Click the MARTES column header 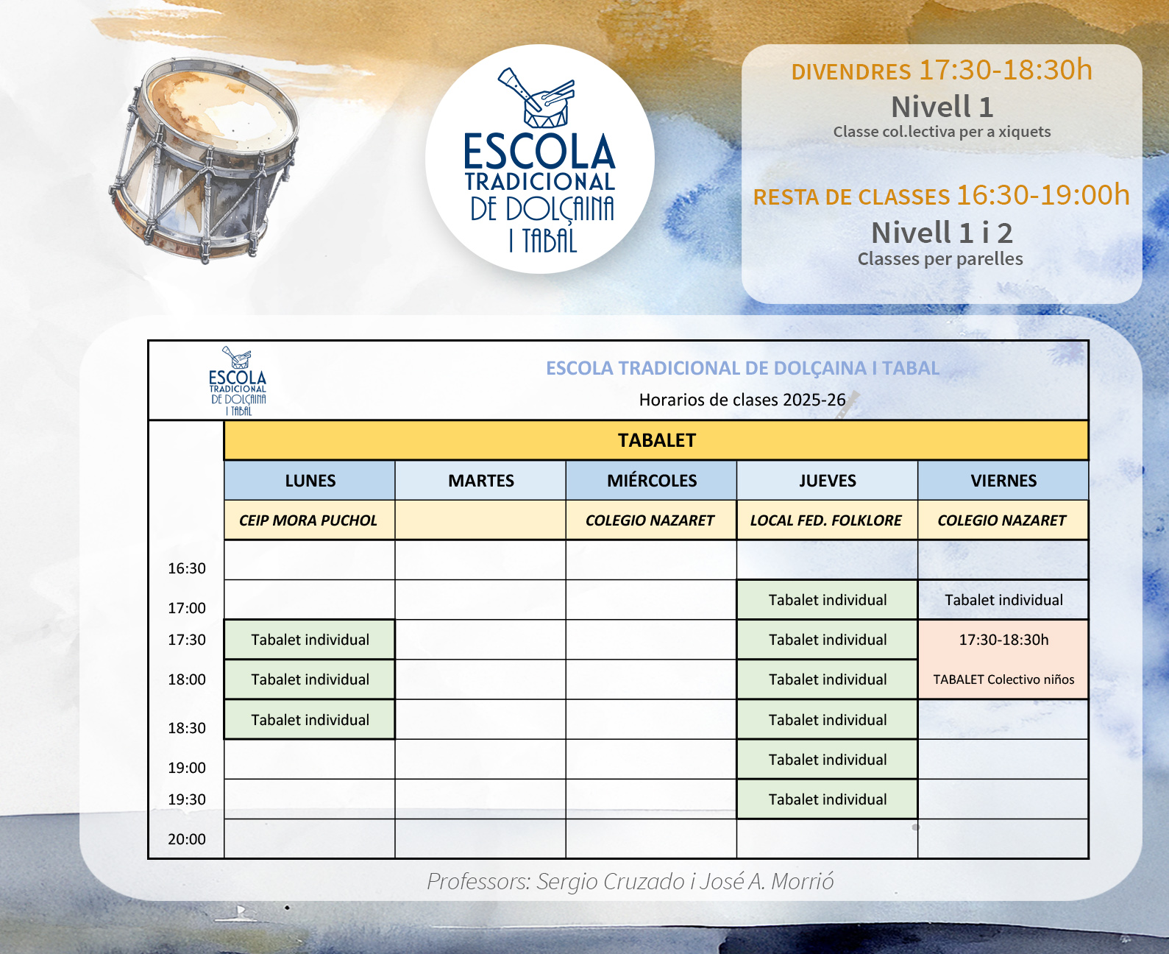480,481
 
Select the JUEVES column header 827,481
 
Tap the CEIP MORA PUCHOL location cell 308,520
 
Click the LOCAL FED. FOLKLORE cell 825,520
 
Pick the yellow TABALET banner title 656,440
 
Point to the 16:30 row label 187,568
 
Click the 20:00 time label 187,839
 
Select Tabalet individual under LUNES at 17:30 310,640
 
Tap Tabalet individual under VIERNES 1003,600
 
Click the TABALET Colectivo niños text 1003,679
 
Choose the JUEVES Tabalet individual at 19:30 828,799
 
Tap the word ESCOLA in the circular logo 539,152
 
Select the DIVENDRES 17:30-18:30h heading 942,71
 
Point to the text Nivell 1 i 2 942,233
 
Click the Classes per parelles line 940,259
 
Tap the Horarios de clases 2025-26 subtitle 742,400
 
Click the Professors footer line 630,881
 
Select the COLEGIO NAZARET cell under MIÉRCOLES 650,520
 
